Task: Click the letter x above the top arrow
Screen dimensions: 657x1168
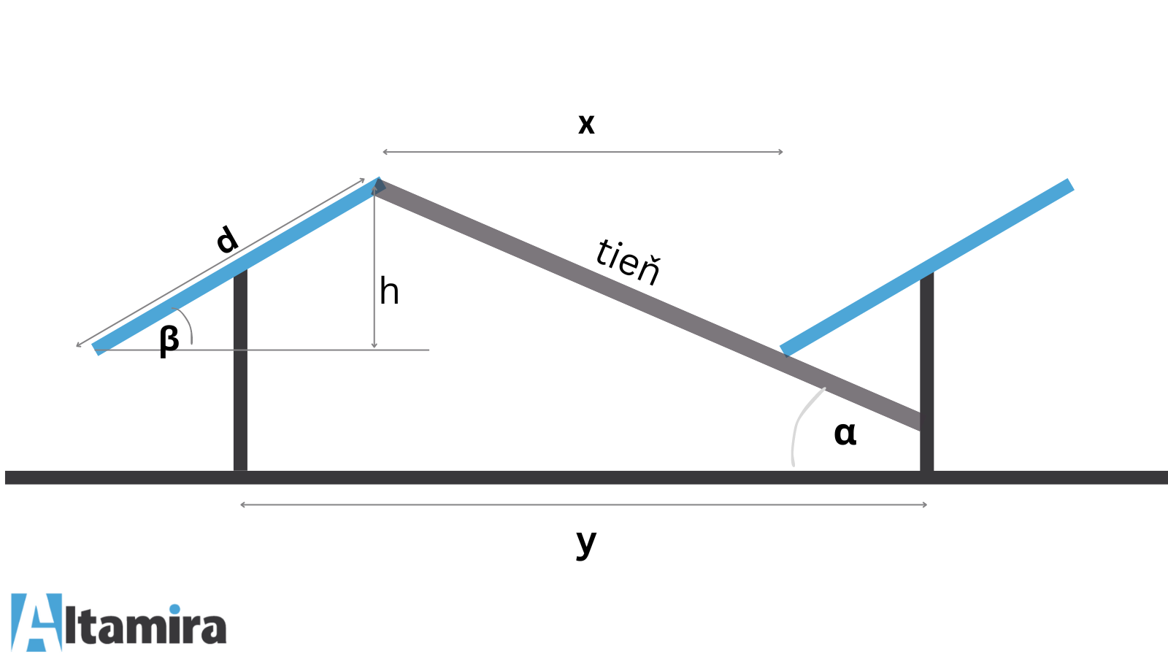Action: click(586, 124)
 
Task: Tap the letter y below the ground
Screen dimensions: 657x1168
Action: click(586, 542)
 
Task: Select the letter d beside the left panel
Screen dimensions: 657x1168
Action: click(227, 239)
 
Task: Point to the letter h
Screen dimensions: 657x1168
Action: click(389, 292)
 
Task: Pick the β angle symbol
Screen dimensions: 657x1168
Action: click(169, 340)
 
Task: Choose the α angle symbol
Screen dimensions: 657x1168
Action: click(845, 433)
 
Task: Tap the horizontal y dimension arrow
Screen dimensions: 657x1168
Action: click(584, 504)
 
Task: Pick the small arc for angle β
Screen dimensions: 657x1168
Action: click(188, 324)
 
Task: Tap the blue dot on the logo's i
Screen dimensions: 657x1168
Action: click(175, 610)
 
